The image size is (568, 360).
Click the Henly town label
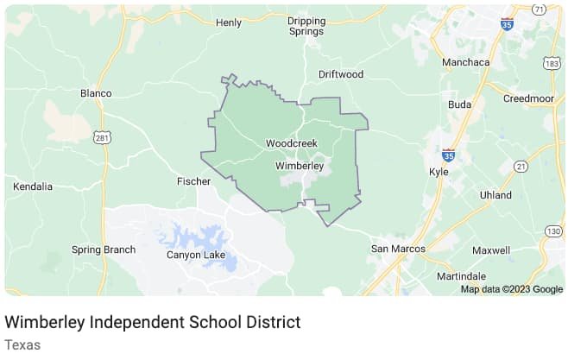tap(229, 22)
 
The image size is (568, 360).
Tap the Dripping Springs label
tap(306, 26)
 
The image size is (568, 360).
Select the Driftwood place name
tap(340, 74)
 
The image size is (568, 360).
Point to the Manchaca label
tap(465, 62)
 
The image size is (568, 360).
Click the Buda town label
tap(460, 104)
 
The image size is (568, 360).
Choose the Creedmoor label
tap(528, 98)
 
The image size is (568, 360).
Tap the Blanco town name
tap(96, 93)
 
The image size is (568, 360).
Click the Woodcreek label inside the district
tap(292, 142)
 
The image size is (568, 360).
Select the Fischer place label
tap(194, 181)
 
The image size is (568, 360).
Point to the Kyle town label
tap(439, 171)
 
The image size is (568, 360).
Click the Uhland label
tap(496, 195)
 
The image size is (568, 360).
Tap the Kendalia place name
tap(34, 186)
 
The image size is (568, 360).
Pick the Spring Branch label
tap(104, 250)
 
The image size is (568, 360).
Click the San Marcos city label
tap(398, 249)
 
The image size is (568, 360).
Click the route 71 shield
tap(540, 9)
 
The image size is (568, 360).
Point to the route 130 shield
tap(553, 231)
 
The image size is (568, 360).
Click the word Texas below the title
tap(22, 344)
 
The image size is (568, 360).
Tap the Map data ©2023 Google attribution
tap(511, 289)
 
